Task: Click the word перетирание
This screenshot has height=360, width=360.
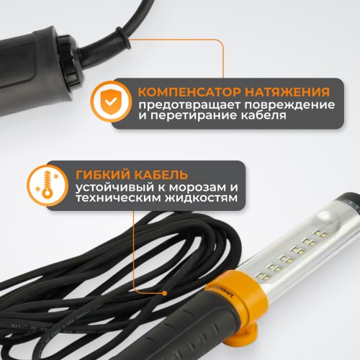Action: [x=197, y=115]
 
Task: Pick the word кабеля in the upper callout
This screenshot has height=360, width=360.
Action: [x=264, y=115]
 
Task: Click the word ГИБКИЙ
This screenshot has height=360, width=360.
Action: [x=103, y=174]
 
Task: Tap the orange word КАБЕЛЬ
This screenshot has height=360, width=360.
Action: [x=161, y=174]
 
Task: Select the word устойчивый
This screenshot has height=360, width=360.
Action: [x=114, y=188]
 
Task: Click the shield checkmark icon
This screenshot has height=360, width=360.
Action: [x=111, y=102]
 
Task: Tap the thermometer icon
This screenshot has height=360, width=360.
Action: [x=48, y=185]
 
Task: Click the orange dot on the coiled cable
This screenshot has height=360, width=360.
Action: [x=164, y=293]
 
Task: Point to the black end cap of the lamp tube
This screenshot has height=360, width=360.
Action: [x=348, y=202]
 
